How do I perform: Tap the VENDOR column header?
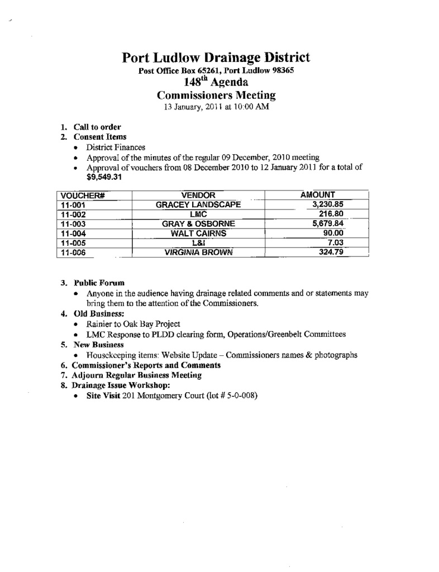coord(198,195)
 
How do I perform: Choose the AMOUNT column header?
coord(317,195)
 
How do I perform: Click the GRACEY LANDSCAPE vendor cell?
coord(198,204)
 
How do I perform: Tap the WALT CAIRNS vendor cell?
coord(198,233)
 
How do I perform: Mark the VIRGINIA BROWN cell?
coord(198,252)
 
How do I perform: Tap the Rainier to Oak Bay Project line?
coord(133,324)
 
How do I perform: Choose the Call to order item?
coord(98,127)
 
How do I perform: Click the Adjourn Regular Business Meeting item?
coord(137,375)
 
